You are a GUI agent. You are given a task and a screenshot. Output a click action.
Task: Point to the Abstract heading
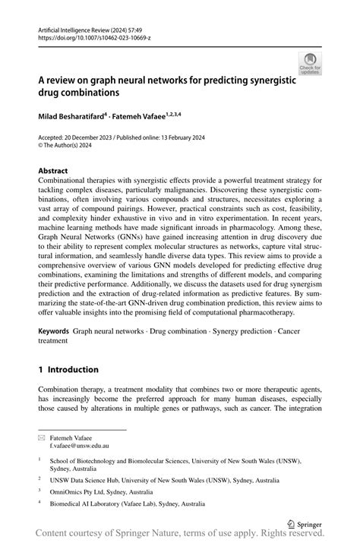(53, 171)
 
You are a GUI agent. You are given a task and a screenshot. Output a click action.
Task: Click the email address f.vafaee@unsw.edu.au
(79, 446)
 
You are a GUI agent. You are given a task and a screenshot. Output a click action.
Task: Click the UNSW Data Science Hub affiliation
(159, 479)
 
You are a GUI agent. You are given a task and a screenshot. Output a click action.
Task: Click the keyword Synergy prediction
(238, 332)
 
